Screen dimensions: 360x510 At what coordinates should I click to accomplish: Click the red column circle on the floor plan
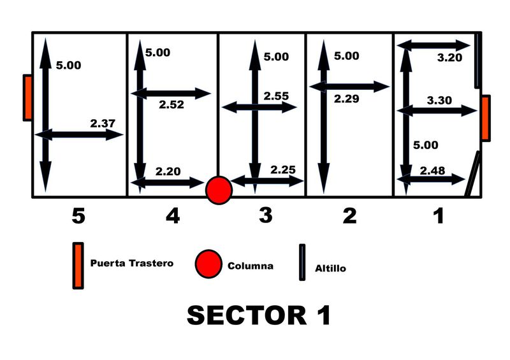coord(219,190)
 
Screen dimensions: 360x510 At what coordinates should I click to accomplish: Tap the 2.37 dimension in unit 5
coord(103,124)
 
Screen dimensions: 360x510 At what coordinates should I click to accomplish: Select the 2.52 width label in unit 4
coord(171,104)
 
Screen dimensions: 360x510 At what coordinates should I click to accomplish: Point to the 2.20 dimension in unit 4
coord(168,171)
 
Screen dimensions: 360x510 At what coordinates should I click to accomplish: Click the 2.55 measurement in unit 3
coord(276,96)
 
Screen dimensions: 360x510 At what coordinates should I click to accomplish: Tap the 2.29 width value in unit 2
coord(346,99)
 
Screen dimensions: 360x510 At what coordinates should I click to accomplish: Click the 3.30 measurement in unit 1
coord(439,100)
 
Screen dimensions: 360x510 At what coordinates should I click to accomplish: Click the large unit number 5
coord(78,217)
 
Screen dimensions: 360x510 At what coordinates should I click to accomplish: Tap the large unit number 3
coord(266,216)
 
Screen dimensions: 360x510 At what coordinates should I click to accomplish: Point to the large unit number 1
coord(438,217)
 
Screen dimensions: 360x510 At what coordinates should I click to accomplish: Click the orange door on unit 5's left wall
coord(27,97)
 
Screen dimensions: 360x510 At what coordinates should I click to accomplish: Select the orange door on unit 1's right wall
coord(485,117)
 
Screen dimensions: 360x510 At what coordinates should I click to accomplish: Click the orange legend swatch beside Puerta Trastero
coord(78,265)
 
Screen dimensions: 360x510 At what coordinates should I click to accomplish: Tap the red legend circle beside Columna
coord(210,264)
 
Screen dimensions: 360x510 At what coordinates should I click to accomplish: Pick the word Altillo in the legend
coord(330,269)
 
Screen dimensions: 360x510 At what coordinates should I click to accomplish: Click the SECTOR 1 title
coord(259,315)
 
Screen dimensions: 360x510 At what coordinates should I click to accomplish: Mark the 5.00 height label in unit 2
coord(346,56)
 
